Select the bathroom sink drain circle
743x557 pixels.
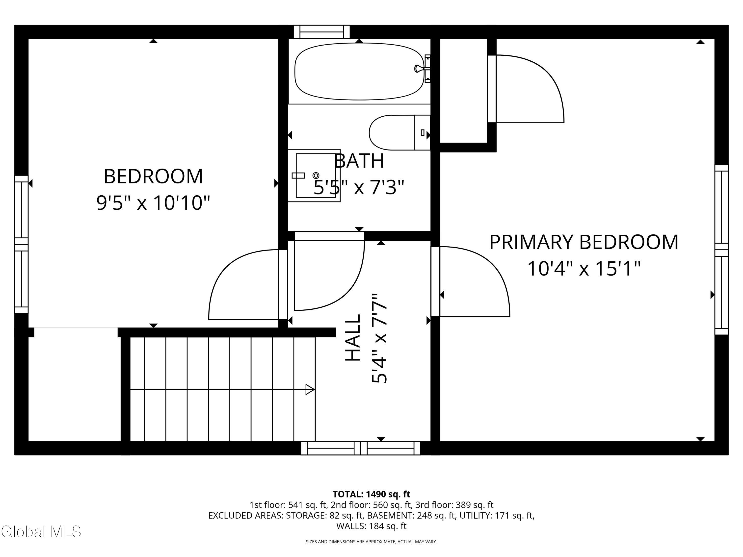[x=316, y=176]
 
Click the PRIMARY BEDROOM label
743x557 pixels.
[x=584, y=242]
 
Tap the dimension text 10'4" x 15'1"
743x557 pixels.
[x=584, y=269]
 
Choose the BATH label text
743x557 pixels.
[x=359, y=161]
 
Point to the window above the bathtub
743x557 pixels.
[x=321, y=32]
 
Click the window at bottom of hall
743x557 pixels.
[x=360, y=448]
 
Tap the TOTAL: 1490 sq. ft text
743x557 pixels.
[x=371, y=494]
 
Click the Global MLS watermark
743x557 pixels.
[x=41, y=532]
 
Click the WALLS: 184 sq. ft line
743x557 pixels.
[x=371, y=526]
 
